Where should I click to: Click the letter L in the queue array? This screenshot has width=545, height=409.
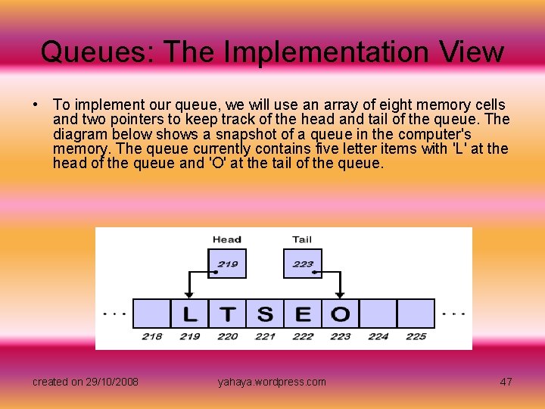pyautogui.click(x=190, y=314)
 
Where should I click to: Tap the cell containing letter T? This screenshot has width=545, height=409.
pyautogui.click(x=228, y=314)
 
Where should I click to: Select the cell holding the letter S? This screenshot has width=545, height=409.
pyautogui.click(x=265, y=314)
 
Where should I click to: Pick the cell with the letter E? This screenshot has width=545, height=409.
pyautogui.click(x=303, y=314)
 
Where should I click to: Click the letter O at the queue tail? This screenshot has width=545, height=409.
pyautogui.click(x=341, y=314)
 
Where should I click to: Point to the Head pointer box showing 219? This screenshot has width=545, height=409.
pyautogui.click(x=227, y=264)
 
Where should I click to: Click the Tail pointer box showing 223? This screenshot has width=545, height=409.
pyautogui.click(x=303, y=264)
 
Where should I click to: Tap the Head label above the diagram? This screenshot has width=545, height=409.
pyautogui.click(x=227, y=239)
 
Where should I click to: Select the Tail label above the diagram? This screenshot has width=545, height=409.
pyautogui.click(x=302, y=239)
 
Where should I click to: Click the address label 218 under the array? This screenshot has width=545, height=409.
pyautogui.click(x=152, y=336)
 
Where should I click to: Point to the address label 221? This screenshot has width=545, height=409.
pyautogui.click(x=265, y=336)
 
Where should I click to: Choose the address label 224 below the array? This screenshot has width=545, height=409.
pyautogui.click(x=378, y=336)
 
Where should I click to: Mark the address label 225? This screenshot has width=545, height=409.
pyautogui.click(x=416, y=336)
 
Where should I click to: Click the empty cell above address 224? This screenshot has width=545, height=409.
pyautogui.click(x=378, y=314)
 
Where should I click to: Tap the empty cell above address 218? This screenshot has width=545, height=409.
pyautogui.click(x=152, y=314)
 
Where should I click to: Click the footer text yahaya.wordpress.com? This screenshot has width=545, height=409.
pyautogui.click(x=272, y=382)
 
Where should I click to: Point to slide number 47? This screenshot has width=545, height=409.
pyautogui.click(x=506, y=382)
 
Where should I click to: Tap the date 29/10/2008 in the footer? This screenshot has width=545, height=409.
pyautogui.click(x=112, y=382)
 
